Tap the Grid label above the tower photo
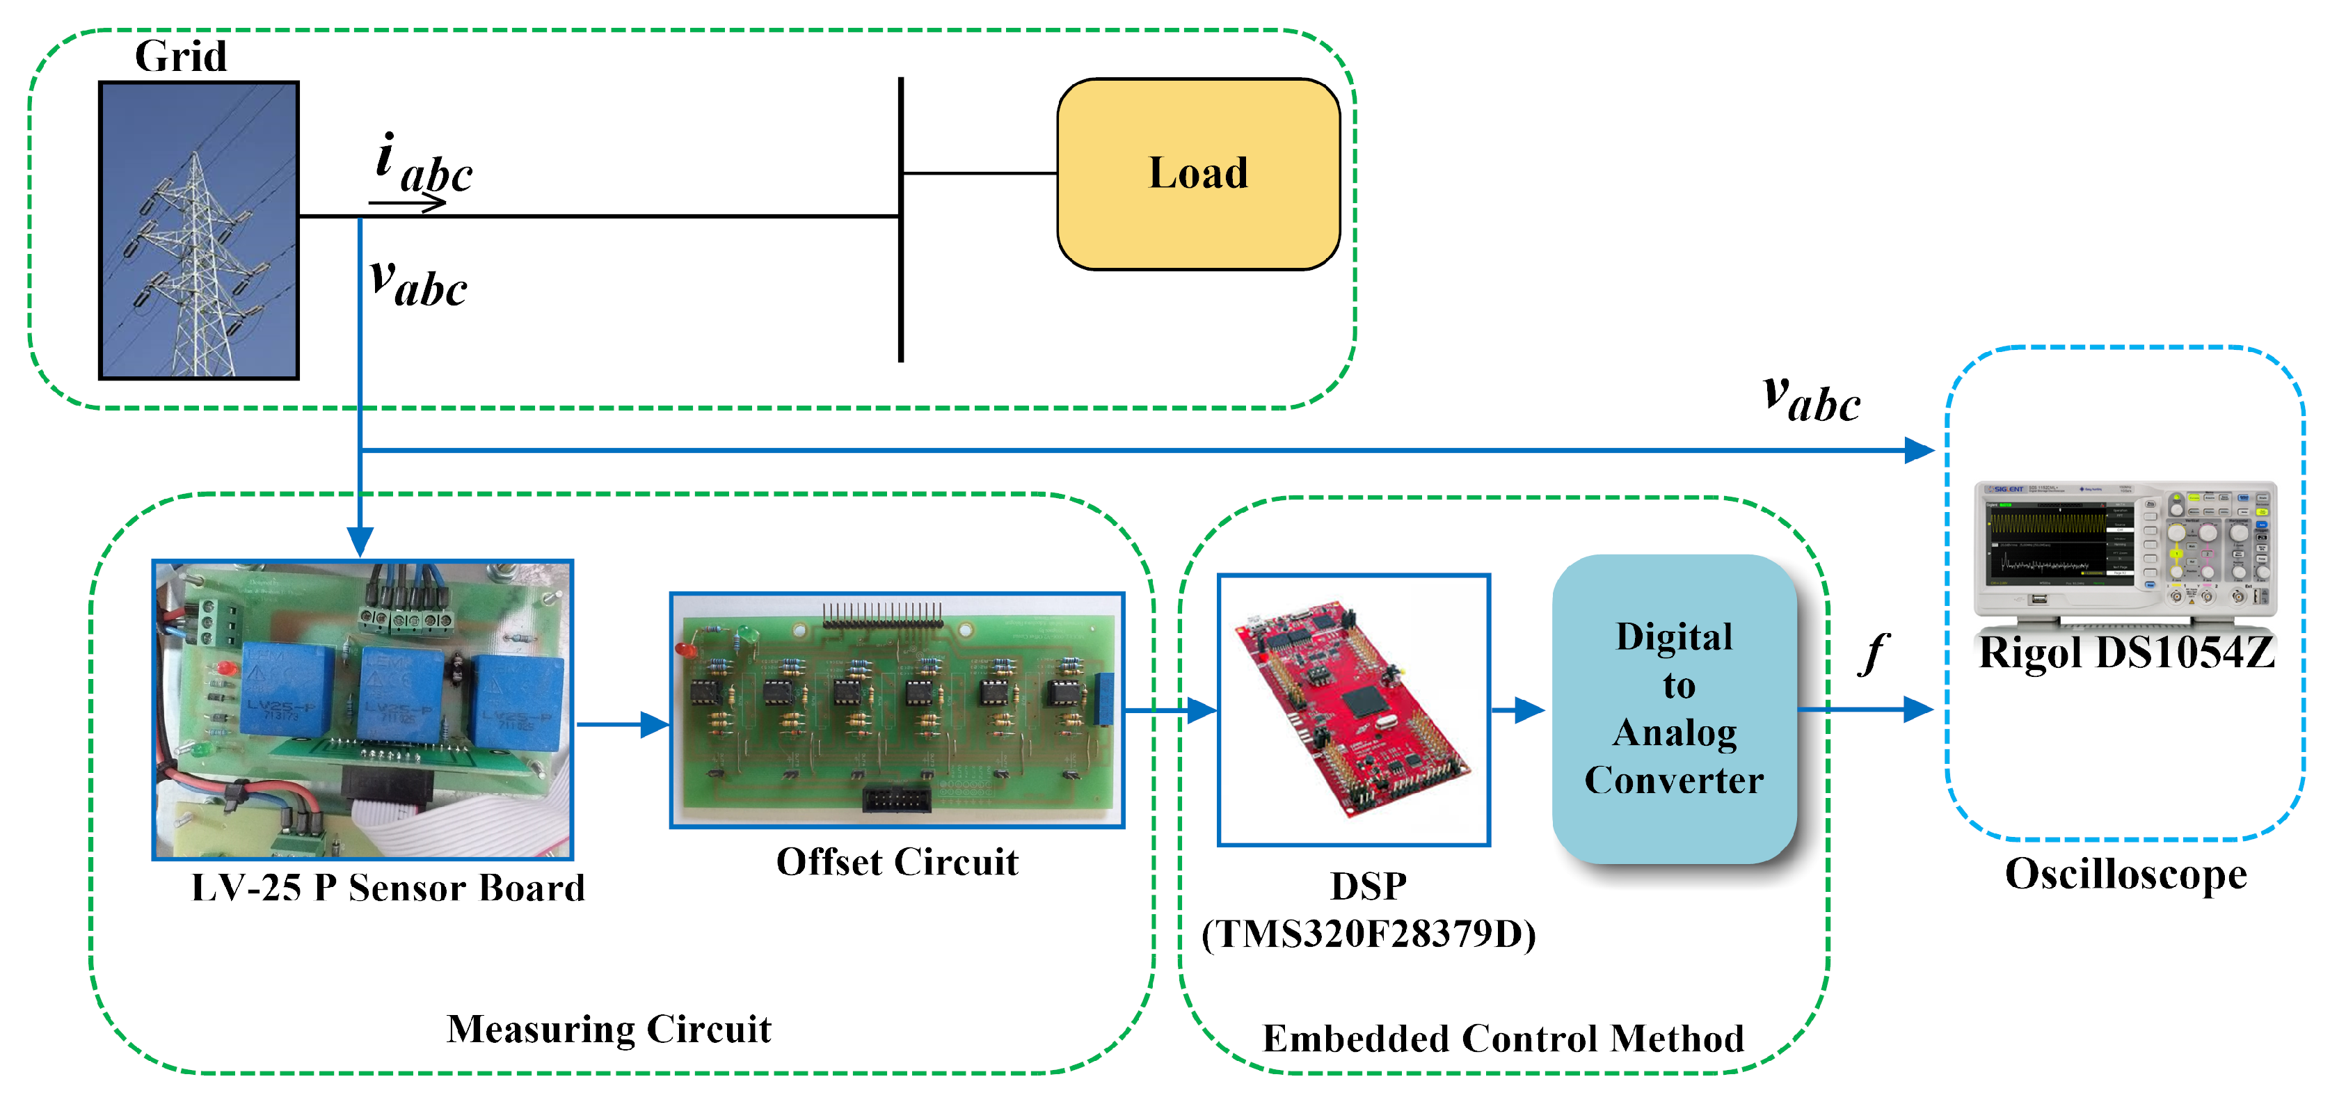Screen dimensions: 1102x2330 coord(181,56)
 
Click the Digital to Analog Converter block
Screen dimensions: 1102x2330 coord(1673,708)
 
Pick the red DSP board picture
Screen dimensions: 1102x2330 coord(1353,710)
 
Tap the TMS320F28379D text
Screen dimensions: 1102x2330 coord(1369,934)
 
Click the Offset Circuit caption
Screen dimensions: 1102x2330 coord(897,862)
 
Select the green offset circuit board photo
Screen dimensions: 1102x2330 coord(897,710)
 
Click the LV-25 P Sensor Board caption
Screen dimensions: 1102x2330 coord(388,888)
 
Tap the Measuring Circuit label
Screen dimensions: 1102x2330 coord(609,1030)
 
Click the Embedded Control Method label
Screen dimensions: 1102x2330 coord(1503,1039)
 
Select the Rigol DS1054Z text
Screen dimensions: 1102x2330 coord(2125,653)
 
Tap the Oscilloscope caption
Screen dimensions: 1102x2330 coord(2125,874)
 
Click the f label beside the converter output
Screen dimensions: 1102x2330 coord(1874,653)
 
